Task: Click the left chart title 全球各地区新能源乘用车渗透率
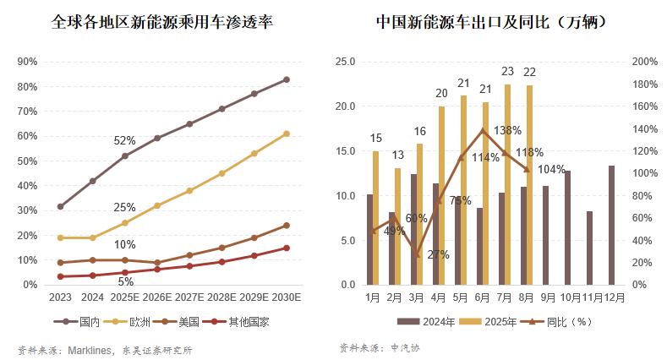pos(161,20)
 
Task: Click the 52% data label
pos(124,141)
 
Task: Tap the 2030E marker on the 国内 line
pos(287,79)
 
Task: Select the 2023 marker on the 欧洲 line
pos(60,237)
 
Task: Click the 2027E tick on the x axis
pos(189,297)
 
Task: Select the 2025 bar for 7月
pos(507,184)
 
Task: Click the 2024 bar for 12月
pos(612,225)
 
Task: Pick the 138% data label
pos(506,131)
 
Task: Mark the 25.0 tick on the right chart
pos(345,62)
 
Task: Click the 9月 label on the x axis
pos(547,297)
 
